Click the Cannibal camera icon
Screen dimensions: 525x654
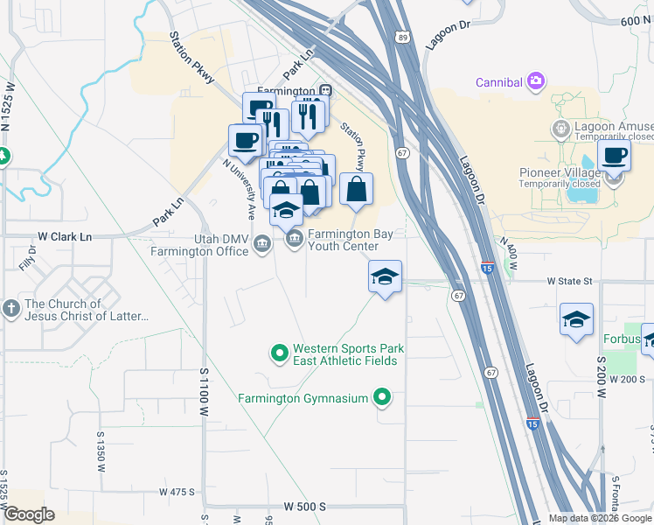tap(536, 82)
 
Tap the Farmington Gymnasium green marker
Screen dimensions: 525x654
tap(382, 399)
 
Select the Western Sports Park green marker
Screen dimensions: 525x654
tap(280, 354)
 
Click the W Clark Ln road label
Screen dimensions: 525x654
tap(64, 237)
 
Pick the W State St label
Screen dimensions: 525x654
tap(569, 281)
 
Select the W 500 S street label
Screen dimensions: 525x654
tap(304, 507)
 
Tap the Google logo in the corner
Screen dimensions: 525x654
tap(29, 514)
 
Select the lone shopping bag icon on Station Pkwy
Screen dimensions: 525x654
tap(357, 189)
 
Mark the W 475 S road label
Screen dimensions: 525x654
tap(177, 492)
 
